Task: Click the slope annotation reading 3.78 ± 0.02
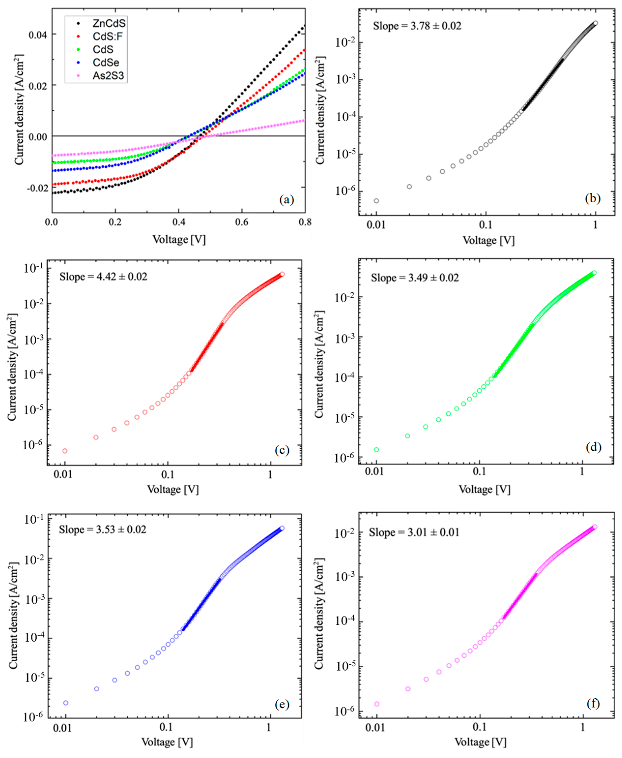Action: [x=417, y=26]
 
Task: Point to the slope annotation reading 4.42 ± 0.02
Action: [x=103, y=277]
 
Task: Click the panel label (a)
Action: [x=287, y=199]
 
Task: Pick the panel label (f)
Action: [x=593, y=703]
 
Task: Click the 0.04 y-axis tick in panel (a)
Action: [x=38, y=35]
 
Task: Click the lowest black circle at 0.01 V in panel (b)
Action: [x=376, y=201]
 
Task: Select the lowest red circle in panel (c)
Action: [x=65, y=451]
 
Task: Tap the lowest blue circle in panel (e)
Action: [x=66, y=703]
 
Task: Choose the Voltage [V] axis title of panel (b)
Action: [x=488, y=240]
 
